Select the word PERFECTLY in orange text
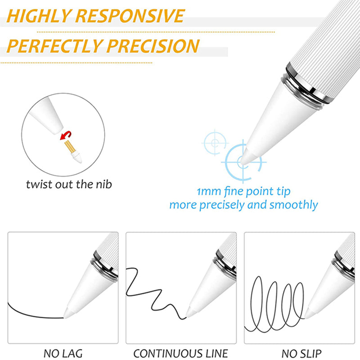[54, 46]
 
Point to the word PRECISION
[153, 46]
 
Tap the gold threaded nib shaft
[70, 147]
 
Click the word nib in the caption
[104, 184]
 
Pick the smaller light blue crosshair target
[215, 143]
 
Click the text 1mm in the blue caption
[209, 192]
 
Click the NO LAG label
[63, 354]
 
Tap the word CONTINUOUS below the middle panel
[163, 354]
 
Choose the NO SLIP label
[301, 354]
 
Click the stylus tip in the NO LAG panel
[64, 317]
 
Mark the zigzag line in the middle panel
[156, 294]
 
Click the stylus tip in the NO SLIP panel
[306, 317]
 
